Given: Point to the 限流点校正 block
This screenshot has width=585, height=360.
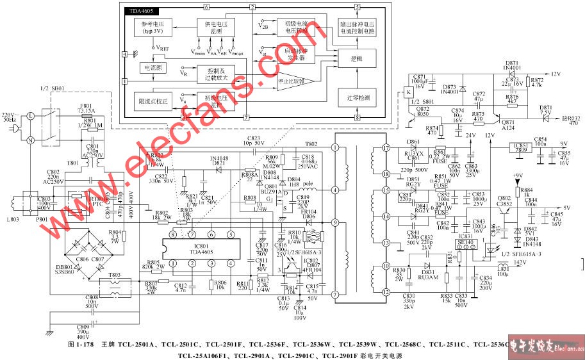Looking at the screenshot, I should click(152, 101).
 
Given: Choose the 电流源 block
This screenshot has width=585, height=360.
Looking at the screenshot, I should click(151, 67).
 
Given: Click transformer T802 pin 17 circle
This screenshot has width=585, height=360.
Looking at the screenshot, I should click(386, 147).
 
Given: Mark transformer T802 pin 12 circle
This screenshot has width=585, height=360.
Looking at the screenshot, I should click(386, 292).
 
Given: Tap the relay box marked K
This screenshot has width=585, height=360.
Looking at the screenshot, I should click(408, 92).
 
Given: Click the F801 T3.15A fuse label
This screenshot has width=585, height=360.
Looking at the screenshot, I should click(86, 110).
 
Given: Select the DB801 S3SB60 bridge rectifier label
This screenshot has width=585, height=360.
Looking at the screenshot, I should click(65, 270).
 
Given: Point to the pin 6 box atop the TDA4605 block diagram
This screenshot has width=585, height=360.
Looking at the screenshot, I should click(206, 6).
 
